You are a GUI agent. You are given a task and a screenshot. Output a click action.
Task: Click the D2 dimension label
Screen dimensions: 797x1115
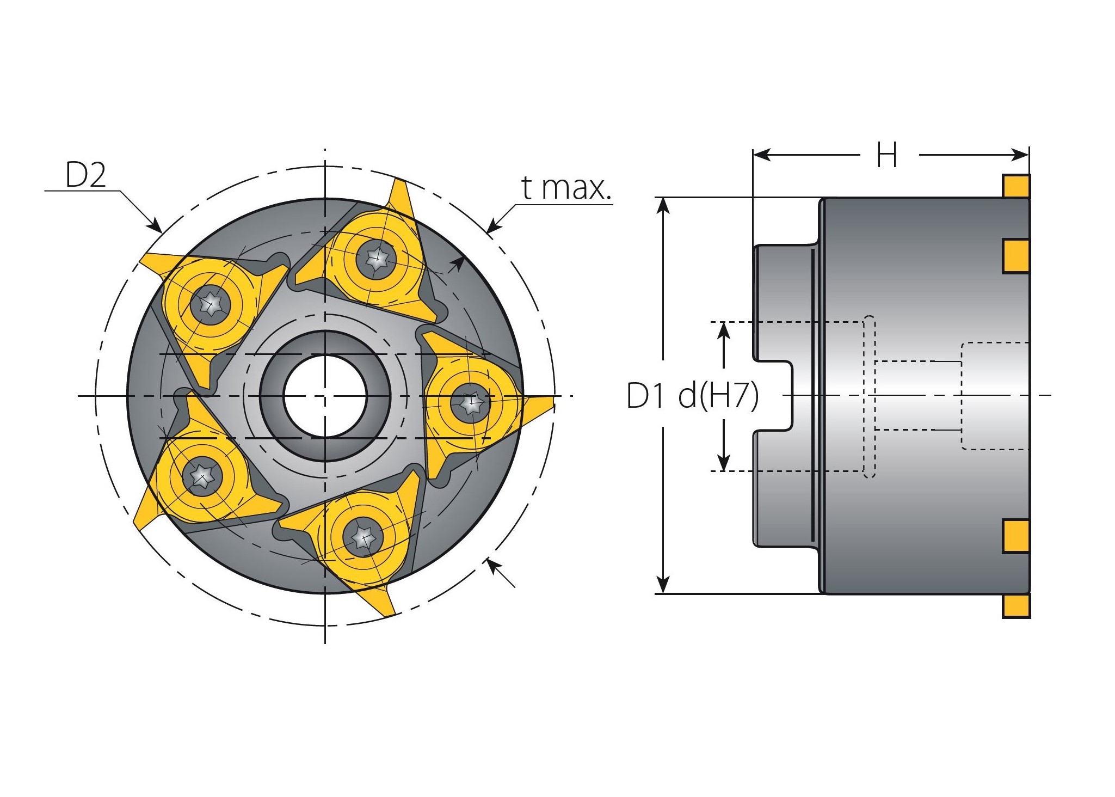(x=85, y=175)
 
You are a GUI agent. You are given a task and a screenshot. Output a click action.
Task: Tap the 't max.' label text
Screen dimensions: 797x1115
(x=566, y=188)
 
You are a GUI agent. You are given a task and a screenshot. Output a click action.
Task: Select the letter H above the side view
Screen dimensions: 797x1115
(x=886, y=156)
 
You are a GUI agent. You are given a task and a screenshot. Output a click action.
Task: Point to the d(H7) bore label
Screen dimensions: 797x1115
(x=718, y=396)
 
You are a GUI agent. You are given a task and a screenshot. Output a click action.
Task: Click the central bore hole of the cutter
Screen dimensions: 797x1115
(x=325, y=396)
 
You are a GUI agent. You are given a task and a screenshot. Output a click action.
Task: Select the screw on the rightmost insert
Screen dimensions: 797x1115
(x=471, y=403)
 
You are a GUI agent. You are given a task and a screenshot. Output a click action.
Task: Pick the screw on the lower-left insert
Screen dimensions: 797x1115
(x=202, y=477)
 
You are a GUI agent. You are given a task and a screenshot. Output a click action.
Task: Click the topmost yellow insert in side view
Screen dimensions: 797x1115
(x=1015, y=186)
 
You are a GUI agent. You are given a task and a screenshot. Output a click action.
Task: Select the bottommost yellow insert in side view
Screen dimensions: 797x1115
(x=1015, y=605)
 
